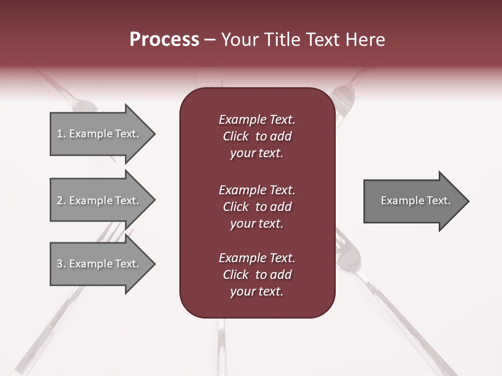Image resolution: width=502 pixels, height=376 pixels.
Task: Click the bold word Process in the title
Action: (164, 40)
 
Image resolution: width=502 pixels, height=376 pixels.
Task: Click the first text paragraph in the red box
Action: (257, 136)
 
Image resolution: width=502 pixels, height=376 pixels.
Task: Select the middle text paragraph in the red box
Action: (257, 207)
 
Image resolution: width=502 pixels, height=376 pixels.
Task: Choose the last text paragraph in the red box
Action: (257, 275)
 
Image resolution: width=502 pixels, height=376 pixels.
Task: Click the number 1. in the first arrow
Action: (61, 134)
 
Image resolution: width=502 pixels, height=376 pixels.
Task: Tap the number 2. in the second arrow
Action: (61, 201)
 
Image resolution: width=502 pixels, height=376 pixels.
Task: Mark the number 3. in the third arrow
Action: (61, 264)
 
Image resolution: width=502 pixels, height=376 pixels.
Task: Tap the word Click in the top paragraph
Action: (235, 136)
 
